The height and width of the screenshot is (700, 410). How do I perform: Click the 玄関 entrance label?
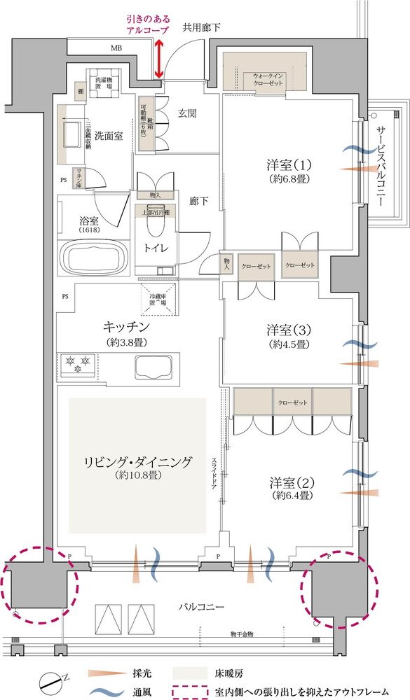tap(186, 112)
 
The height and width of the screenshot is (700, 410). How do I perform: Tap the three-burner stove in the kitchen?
tap(78, 365)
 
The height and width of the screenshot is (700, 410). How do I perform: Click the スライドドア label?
tap(214, 476)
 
